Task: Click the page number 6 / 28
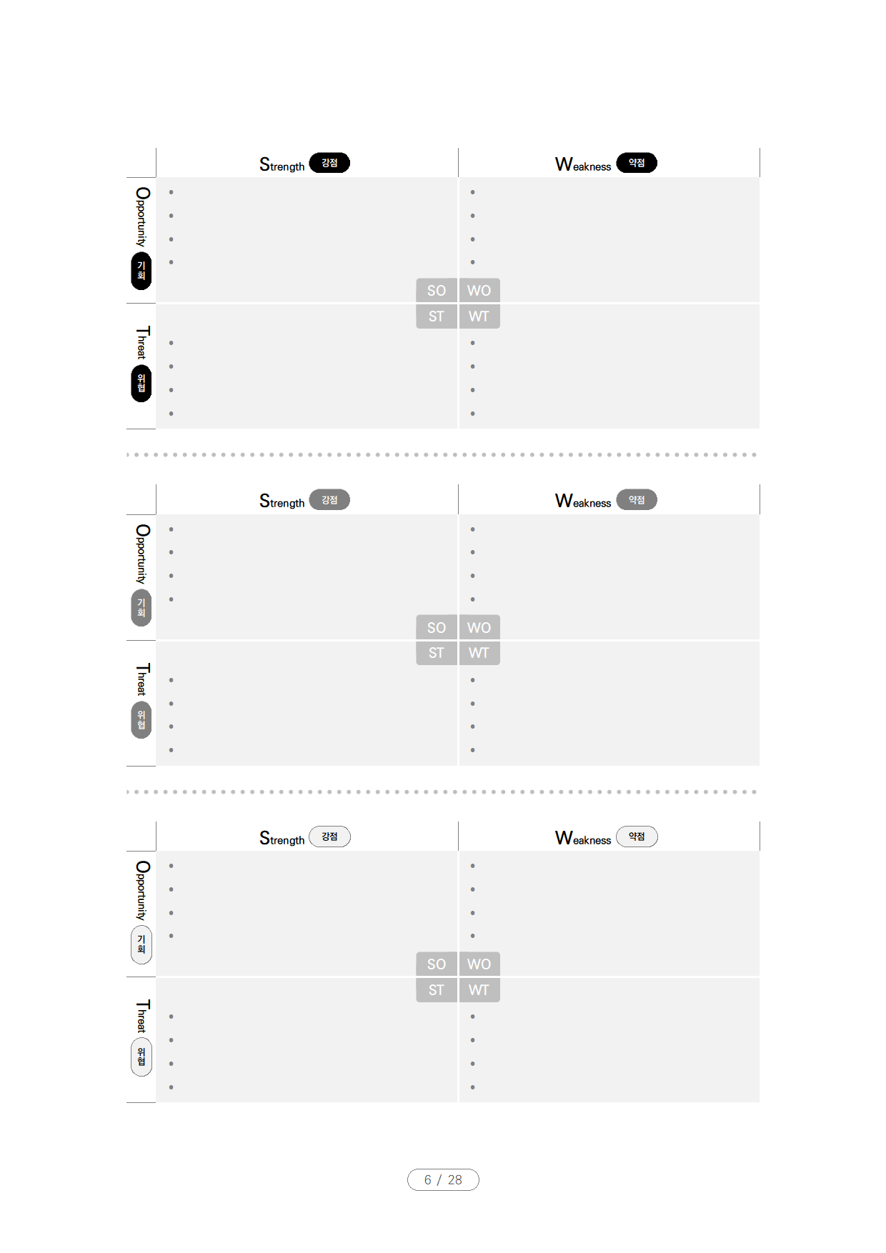[443, 1179]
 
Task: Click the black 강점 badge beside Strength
[329, 163]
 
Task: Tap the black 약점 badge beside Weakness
[637, 163]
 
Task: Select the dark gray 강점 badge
[329, 500]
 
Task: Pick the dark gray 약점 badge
[637, 500]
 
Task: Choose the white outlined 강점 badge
[329, 837]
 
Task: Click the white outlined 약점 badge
[637, 837]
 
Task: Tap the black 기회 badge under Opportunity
[141, 271]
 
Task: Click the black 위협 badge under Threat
[141, 384]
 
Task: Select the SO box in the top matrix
[437, 291]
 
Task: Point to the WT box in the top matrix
[479, 316]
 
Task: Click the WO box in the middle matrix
[479, 628]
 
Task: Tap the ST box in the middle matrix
[437, 653]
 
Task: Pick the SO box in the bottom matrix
[437, 964]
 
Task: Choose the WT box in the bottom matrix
[479, 990]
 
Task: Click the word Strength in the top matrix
[282, 165]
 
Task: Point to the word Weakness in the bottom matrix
[583, 839]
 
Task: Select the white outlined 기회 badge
[141, 944]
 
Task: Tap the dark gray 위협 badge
[141, 720]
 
